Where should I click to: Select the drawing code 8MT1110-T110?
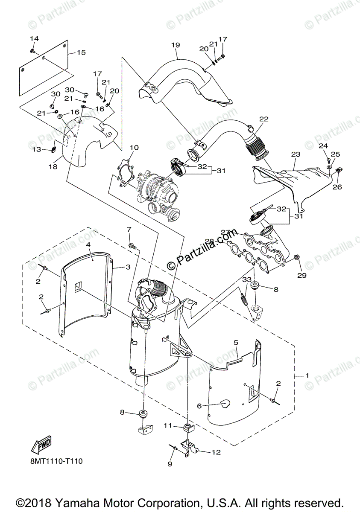point(56,461)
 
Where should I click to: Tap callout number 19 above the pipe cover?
point(176,45)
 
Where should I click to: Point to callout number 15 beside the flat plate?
point(81,52)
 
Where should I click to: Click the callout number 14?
point(34,38)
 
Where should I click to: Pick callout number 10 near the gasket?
point(134,148)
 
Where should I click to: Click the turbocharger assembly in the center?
point(158,190)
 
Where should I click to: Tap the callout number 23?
point(296,154)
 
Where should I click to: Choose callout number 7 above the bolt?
point(129,230)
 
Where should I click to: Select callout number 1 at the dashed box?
point(306,375)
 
